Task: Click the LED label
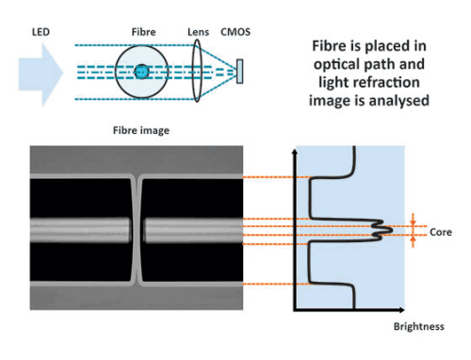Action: point(41,32)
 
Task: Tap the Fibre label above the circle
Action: point(143,32)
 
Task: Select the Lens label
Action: point(198,32)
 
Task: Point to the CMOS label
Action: point(235,32)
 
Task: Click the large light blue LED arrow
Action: point(41,74)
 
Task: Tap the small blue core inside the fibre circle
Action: point(141,72)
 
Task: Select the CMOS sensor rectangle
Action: point(239,72)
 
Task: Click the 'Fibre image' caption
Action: point(141,130)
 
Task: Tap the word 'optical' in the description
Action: point(336,65)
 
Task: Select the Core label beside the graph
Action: point(441,232)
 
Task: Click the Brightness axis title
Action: point(419,327)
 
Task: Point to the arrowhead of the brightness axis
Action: point(402,310)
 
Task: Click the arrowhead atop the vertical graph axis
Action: point(295,151)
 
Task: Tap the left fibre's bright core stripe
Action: point(80,230)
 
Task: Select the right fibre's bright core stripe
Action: point(193,231)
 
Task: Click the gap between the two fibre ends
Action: point(137,231)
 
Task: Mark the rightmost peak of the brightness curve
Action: point(392,230)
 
